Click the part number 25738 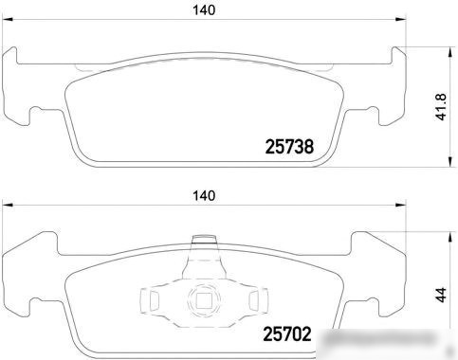pos(289,147)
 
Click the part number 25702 pos(287,334)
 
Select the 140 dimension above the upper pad pos(204,10)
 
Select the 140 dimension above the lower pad pos(204,196)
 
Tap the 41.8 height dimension pos(441,107)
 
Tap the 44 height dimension pos(441,295)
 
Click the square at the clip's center pos(204,300)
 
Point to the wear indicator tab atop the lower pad pos(204,240)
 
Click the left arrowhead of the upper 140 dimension pos(7,20)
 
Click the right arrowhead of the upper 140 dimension pos(401,20)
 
